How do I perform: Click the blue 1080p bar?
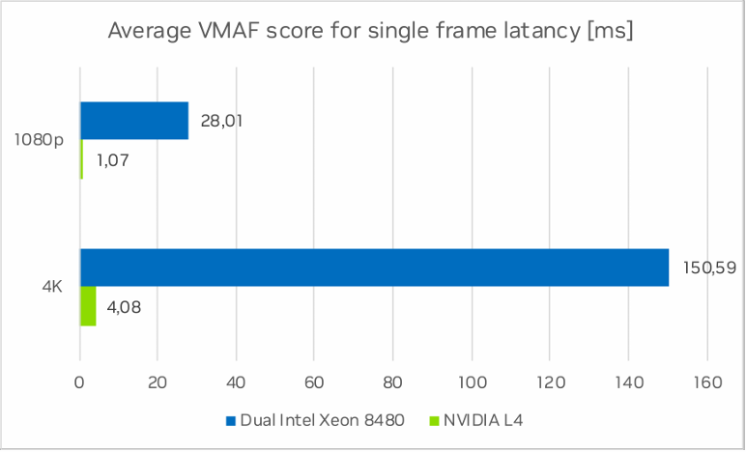point(133,121)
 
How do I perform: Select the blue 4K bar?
point(374,268)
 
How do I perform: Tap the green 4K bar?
point(88,305)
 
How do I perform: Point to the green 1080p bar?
point(81,158)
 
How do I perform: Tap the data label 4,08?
point(125,306)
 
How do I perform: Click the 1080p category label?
point(40,140)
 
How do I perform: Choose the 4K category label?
point(53,287)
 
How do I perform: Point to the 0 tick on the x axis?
point(80,384)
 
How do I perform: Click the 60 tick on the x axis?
point(315,384)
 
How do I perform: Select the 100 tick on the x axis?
point(472,384)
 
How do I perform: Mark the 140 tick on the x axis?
point(628,384)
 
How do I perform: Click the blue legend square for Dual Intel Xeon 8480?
point(230,421)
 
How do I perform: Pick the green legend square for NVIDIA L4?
point(434,421)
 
